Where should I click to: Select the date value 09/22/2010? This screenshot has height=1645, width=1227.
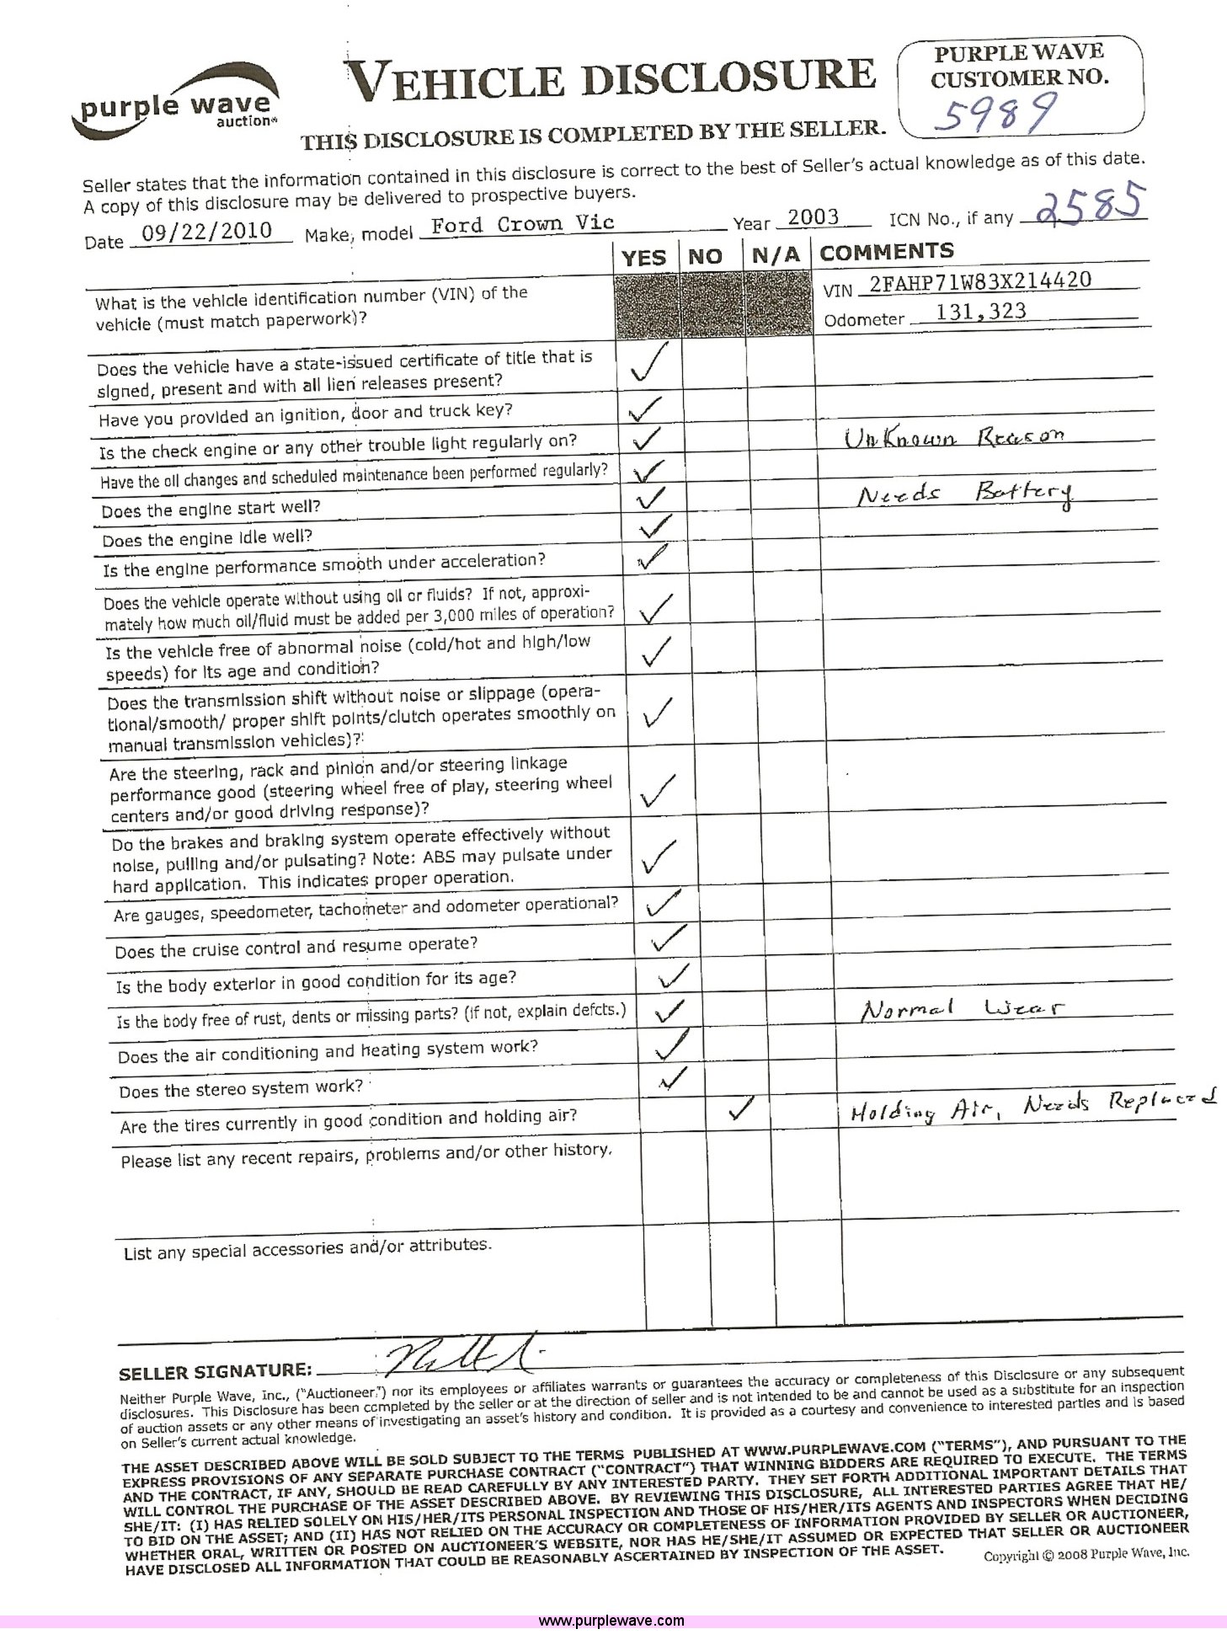point(206,232)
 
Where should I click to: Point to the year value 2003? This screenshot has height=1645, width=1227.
point(813,216)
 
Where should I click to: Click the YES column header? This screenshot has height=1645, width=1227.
point(644,258)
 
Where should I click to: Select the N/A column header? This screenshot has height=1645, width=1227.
point(776,255)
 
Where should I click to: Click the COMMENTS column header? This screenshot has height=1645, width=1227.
point(886,252)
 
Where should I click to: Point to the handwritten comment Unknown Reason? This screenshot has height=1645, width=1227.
point(954,437)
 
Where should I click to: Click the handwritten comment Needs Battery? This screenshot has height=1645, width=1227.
point(965,494)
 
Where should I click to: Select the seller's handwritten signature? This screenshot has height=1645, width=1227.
point(459,1356)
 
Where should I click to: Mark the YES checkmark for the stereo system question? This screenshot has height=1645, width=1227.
point(673,1079)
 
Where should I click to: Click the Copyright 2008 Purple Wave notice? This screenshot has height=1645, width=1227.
point(1086,1554)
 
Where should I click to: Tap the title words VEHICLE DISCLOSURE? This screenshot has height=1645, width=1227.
point(612,79)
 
